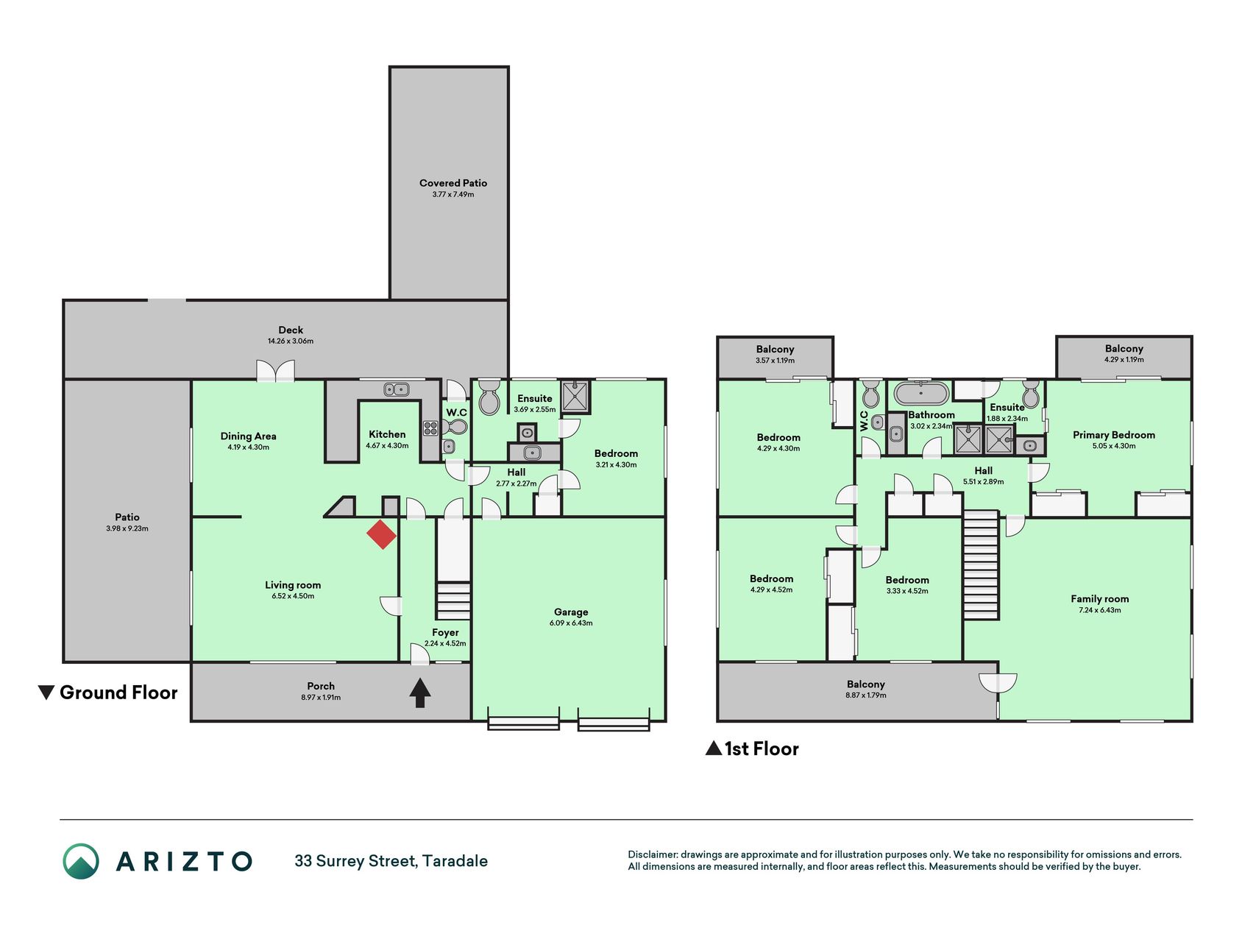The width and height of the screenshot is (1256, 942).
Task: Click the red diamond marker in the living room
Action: [x=381, y=534]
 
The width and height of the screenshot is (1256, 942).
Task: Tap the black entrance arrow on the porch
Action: [x=419, y=693]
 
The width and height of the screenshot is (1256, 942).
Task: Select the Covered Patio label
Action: [x=453, y=183]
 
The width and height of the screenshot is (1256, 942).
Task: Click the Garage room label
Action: [x=571, y=612]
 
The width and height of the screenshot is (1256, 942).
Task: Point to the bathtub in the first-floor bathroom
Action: [x=921, y=393]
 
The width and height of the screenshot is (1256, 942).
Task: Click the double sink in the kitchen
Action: [x=397, y=389]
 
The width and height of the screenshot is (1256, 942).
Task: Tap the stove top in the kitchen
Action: [x=430, y=428]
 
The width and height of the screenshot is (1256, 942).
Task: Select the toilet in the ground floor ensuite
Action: [x=489, y=398]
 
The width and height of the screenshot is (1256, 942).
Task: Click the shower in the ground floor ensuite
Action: [x=575, y=397]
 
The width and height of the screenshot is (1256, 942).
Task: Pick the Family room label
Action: [x=1099, y=599]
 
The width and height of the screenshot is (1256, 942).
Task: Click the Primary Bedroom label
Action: [x=1113, y=435]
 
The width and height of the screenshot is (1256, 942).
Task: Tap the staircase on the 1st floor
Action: [x=981, y=565]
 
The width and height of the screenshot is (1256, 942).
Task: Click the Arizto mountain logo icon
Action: [x=81, y=861]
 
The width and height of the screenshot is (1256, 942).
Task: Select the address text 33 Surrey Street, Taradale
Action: [x=391, y=861]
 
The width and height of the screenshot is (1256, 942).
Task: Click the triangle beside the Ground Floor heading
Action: [x=46, y=693]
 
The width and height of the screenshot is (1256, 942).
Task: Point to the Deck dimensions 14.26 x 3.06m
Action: [x=291, y=341]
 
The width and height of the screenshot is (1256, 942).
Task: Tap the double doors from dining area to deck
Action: [x=275, y=371]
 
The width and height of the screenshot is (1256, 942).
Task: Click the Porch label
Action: [x=321, y=686]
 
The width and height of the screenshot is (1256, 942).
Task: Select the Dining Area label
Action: [x=248, y=436]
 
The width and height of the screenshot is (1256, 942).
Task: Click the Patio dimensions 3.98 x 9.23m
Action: [x=127, y=528]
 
